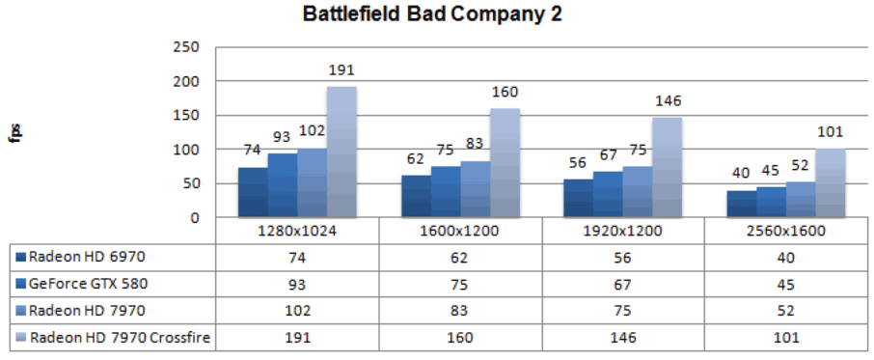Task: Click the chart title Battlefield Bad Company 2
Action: (x=430, y=14)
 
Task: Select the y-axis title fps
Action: (x=16, y=131)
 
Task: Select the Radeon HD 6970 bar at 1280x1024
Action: (x=253, y=192)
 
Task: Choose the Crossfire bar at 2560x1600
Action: (x=830, y=182)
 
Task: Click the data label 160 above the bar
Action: (x=505, y=93)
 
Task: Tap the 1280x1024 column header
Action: (x=297, y=233)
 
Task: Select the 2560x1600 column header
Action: (x=786, y=233)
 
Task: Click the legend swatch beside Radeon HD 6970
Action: (x=21, y=257)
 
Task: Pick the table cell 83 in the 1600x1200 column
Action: (x=460, y=311)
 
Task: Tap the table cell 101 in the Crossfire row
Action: (x=786, y=338)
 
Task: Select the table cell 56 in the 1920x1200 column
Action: (x=623, y=257)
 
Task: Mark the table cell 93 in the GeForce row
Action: (x=297, y=284)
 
